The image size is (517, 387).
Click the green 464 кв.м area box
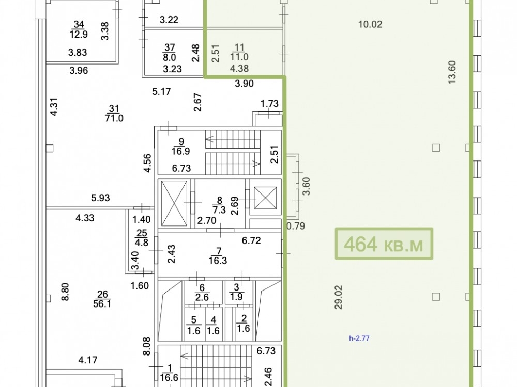pyautogui.click(x=384, y=244)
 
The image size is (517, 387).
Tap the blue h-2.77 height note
pyautogui.click(x=359, y=338)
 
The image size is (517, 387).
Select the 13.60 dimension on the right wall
pyautogui.click(x=452, y=72)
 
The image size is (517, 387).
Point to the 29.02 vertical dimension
pyautogui.click(x=339, y=297)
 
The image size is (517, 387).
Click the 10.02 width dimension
pyautogui.click(x=370, y=24)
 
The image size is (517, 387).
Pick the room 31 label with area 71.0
pyautogui.click(x=114, y=113)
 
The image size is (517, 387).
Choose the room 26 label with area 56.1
pyautogui.click(x=102, y=299)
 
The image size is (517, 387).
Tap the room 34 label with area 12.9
pyautogui.click(x=79, y=29)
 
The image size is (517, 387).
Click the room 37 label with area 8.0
pyautogui.click(x=170, y=52)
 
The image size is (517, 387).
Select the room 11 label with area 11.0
pyautogui.click(x=239, y=52)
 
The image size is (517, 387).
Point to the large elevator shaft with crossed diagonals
pyautogui.click(x=174, y=203)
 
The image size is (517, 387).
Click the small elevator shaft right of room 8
pyautogui.click(x=265, y=198)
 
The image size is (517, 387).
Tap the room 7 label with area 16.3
pyautogui.click(x=218, y=256)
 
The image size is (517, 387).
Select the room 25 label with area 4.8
pyautogui.click(x=142, y=238)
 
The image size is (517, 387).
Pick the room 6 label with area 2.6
pyautogui.click(x=202, y=293)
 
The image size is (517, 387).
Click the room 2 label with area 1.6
pyautogui.click(x=244, y=324)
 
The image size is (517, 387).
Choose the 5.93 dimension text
pyautogui.click(x=100, y=198)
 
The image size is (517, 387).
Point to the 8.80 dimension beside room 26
pyautogui.click(x=65, y=292)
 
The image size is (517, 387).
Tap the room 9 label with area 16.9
pyautogui.click(x=180, y=147)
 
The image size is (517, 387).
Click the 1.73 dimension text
pyautogui.click(x=269, y=104)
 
